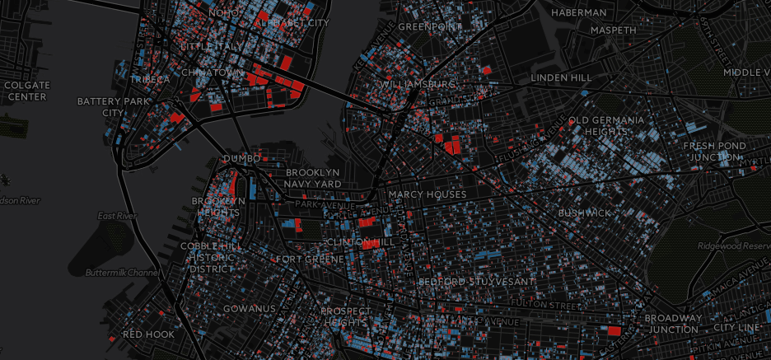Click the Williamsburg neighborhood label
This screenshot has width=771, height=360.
click(x=418, y=84)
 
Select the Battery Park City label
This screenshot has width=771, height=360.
click(x=110, y=107)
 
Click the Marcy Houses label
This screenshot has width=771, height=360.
click(x=428, y=194)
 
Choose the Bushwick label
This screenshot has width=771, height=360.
click(x=585, y=213)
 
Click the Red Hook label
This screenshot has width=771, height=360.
click(x=148, y=334)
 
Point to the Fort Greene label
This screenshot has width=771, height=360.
click(x=310, y=259)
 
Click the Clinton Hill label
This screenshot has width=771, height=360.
click(x=360, y=242)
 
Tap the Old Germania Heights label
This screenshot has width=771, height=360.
click(x=606, y=126)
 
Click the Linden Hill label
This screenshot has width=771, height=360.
click(x=561, y=77)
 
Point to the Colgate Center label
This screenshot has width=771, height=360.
click(x=26, y=91)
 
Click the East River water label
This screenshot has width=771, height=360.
click(x=114, y=216)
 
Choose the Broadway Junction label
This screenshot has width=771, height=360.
click(x=674, y=324)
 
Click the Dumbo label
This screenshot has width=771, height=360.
click(x=241, y=158)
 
